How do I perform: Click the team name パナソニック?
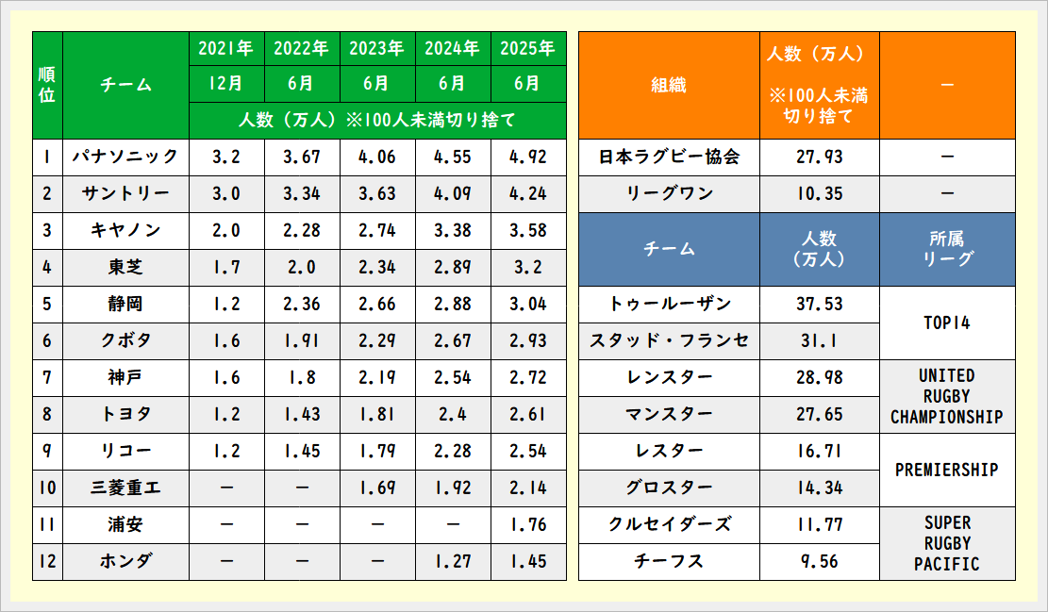pos(125,157)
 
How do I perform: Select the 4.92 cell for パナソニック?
pos(528,157)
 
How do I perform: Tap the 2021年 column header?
pos(226,48)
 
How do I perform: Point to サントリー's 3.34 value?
pos(302,193)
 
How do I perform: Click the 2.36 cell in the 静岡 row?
pos(302,304)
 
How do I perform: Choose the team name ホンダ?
pos(125,562)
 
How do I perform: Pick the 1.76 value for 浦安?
pos(528,525)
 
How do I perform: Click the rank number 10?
pos(47,488)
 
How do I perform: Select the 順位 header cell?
pos(47,85)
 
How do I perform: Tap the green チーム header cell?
pos(125,85)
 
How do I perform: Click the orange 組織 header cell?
pos(669,85)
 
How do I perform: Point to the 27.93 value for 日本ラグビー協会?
pos(819,157)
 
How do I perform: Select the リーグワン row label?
pos(669,193)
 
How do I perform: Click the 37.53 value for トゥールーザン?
pos(819,304)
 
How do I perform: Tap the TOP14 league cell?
pos(947,323)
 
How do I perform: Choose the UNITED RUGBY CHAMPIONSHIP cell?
pos(947,396)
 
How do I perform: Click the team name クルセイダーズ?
pos(669,525)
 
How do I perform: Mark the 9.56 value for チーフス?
pos(819,562)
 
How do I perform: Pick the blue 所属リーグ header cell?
pos(947,249)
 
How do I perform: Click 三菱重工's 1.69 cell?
pos(377,488)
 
